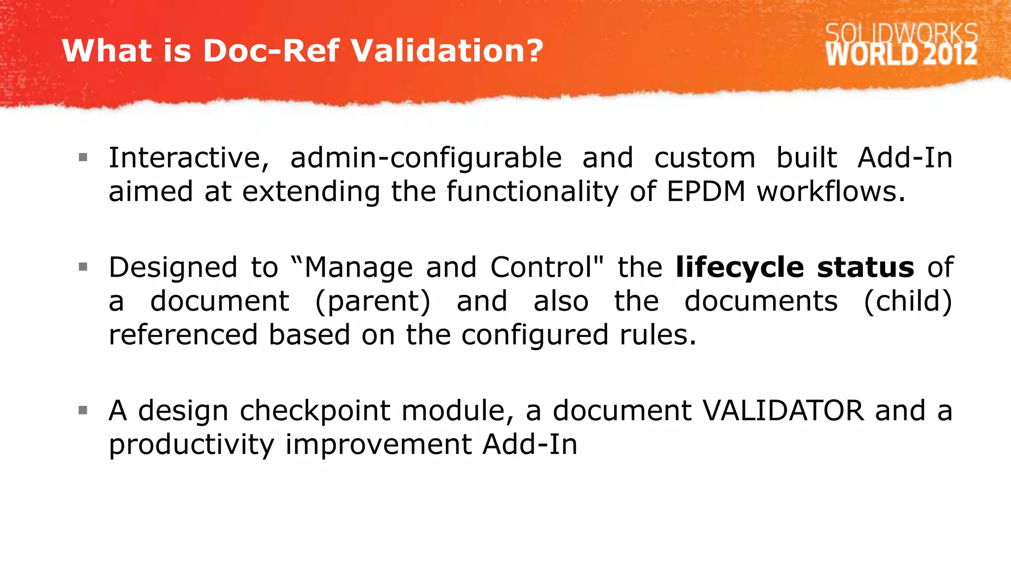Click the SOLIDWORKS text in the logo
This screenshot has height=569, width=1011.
pos(901,34)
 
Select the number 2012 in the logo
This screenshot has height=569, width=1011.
pos(950,54)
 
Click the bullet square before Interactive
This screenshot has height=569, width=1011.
pos(83,158)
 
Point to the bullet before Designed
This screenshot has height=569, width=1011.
pos(83,267)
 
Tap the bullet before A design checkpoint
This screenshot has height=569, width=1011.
pos(83,410)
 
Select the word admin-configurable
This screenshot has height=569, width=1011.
pos(426,158)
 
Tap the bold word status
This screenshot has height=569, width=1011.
pos(865,267)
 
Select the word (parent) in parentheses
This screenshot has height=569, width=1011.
pos(373,301)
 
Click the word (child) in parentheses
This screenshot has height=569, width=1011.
pos(907,301)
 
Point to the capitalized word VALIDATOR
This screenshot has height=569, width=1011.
pos(783,410)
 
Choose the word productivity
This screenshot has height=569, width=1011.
pos(191,445)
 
